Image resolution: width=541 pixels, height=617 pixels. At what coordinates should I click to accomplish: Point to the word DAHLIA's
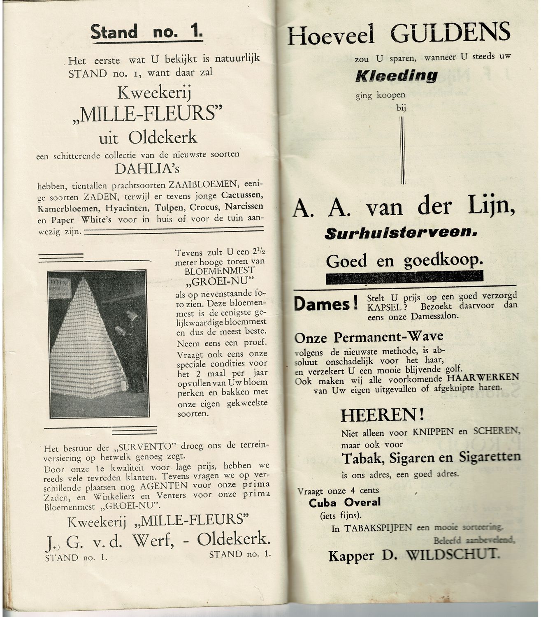147,169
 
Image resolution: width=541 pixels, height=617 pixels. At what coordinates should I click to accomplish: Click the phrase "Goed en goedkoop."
404,260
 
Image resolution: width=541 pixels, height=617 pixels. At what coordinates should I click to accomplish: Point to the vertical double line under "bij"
402,150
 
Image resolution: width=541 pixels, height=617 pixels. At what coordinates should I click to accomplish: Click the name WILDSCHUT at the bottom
453,554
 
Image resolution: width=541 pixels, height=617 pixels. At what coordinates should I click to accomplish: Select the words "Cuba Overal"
345,502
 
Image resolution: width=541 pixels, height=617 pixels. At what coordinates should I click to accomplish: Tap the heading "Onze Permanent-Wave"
369,337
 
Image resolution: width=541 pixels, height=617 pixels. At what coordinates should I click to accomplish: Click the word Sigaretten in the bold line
490,457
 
